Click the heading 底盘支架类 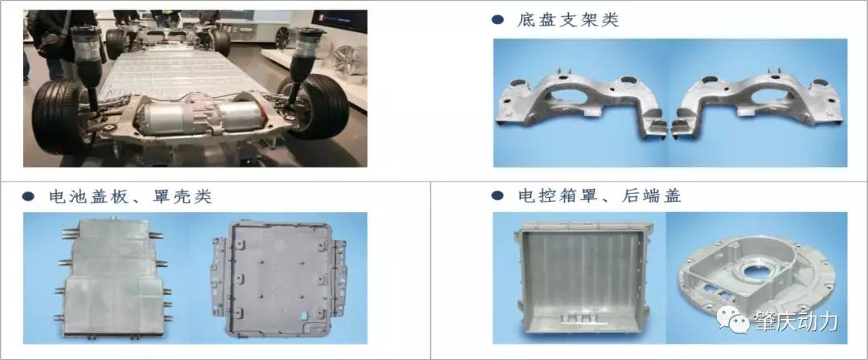coord(567,21)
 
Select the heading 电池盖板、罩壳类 coord(130,197)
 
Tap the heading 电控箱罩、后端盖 coord(600,195)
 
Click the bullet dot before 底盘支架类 coord(497,21)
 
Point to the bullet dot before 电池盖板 coord(29,197)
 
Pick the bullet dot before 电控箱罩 coord(497,195)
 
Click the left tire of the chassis coord(58,116)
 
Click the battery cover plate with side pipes coord(113,277)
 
